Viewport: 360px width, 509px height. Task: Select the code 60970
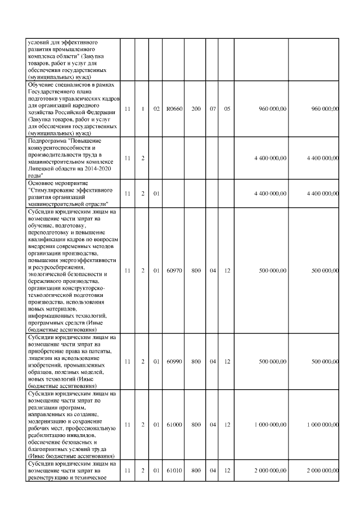click(x=174, y=271)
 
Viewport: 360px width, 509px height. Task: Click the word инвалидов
click(x=85, y=435)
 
